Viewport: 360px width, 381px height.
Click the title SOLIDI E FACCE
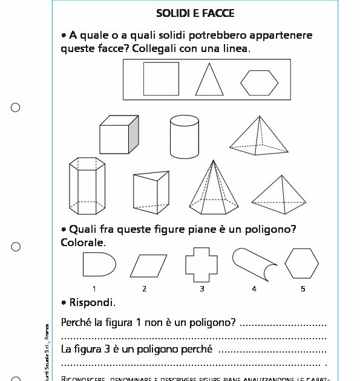[195, 13]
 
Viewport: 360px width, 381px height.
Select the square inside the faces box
[161, 79]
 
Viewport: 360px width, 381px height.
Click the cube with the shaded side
[119, 135]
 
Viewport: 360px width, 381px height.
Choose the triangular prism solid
[150, 192]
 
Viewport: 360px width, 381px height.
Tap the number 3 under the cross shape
[202, 288]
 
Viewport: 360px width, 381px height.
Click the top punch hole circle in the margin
[16, 108]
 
